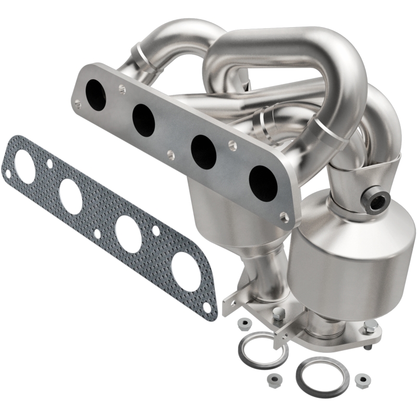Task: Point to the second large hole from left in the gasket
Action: coord(70,195)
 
